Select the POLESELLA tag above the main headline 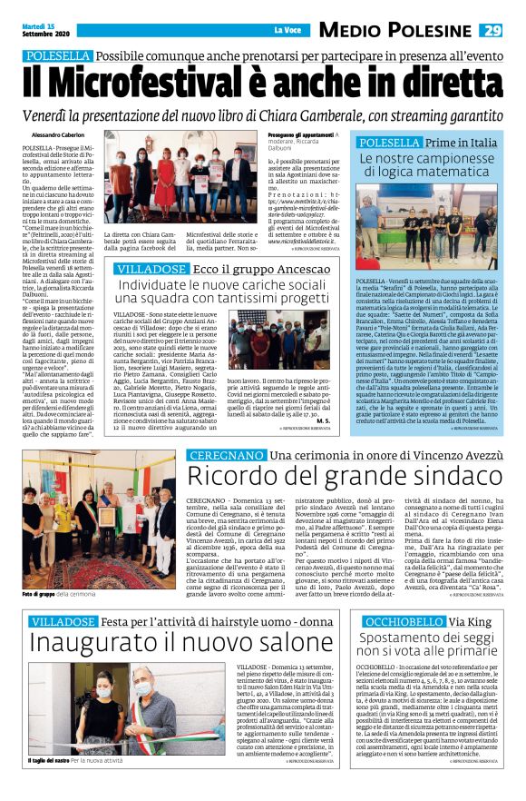coord(58,56)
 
